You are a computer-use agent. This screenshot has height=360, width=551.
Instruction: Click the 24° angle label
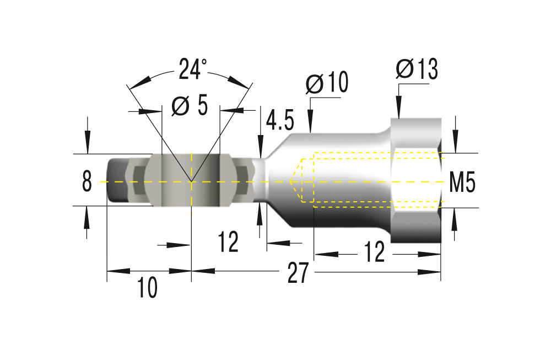[192, 70]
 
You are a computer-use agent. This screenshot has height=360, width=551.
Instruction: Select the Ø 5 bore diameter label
[190, 105]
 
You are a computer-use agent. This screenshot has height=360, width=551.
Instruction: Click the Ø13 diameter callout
[417, 69]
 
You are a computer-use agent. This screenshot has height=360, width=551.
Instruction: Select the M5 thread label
[462, 182]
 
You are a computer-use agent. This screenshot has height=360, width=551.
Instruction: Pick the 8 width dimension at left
[87, 181]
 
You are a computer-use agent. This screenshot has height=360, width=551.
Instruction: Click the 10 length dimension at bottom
[147, 288]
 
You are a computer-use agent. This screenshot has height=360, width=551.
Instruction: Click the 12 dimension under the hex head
[374, 253]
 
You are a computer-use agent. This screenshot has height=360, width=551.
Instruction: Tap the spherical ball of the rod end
[191, 181]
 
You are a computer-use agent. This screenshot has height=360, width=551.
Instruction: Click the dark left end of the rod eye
[117, 181]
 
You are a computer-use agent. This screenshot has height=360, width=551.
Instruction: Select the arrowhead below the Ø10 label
[310, 125]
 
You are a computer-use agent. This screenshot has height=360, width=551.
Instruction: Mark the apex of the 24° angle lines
[191, 181]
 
